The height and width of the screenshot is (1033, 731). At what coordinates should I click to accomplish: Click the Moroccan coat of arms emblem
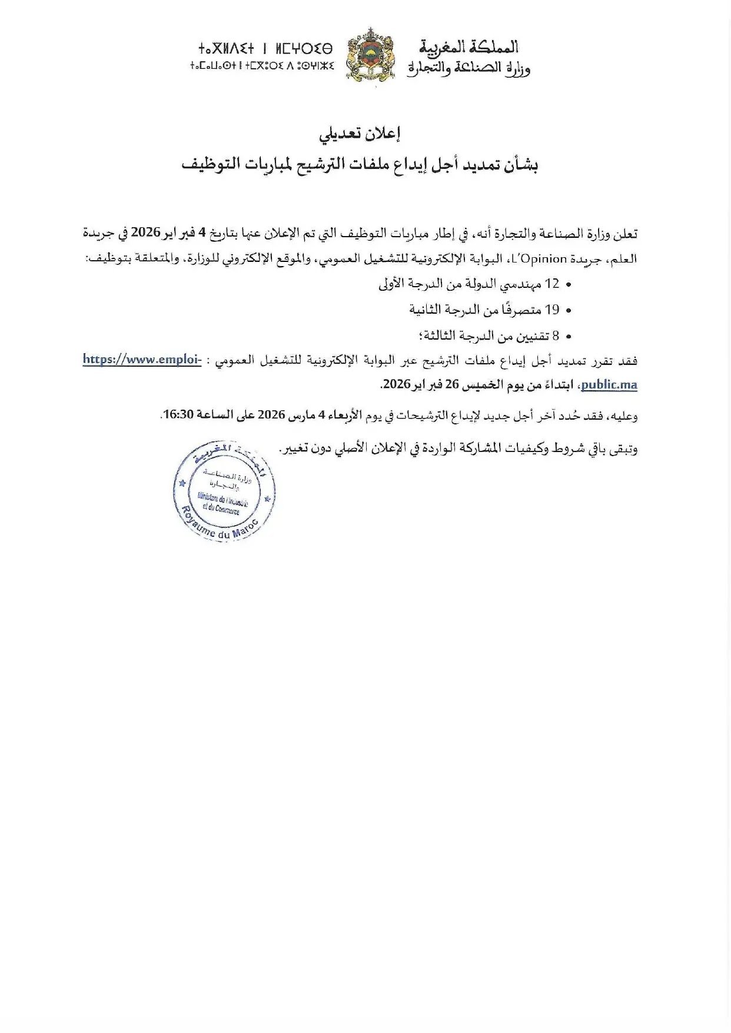pos(370,56)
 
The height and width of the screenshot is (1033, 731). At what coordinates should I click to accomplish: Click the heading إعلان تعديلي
pos(360,134)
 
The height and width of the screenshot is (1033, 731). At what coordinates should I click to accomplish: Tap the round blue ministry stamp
pos(224,491)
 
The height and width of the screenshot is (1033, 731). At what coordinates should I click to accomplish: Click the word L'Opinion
pos(542,259)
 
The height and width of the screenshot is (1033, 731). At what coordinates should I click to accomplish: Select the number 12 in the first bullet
pos(552,284)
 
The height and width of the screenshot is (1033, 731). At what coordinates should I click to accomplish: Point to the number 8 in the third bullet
pos(556,336)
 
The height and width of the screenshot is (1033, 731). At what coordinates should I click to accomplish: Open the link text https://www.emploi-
pos(142,359)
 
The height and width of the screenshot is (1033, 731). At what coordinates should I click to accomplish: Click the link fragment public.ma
pos(609,385)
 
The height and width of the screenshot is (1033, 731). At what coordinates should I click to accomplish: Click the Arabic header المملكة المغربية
pos(468,47)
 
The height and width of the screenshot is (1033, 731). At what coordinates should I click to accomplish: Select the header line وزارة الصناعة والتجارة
pos(468,68)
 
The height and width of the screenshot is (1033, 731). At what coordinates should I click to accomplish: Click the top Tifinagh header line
pos(265,48)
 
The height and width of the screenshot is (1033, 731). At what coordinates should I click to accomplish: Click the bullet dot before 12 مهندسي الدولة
pos(569,285)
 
